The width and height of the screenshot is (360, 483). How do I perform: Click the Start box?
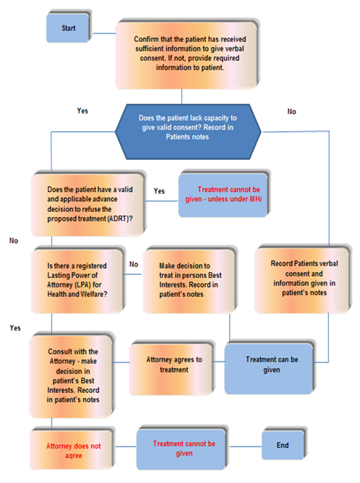(x=68, y=28)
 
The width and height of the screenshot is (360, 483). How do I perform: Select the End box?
(x=283, y=445)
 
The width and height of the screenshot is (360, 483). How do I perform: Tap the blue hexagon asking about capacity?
(x=188, y=132)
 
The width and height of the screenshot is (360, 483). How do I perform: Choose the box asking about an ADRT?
(x=87, y=205)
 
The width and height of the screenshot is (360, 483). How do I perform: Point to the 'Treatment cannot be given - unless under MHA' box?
(x=223, y=195)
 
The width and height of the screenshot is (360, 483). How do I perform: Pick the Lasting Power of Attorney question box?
(x=77, y=281)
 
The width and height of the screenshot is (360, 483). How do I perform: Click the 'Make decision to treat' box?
(x=189, y=281)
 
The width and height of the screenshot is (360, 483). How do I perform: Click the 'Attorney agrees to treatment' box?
(x=171, y=369)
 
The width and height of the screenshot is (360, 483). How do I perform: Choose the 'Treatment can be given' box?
(x=269, y=368)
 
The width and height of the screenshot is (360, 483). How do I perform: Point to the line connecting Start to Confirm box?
(x=104, y=33)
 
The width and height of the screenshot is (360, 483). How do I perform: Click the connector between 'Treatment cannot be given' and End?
(x=245, y=446)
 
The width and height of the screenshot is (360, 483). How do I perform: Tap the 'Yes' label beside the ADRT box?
(x=159, y=191)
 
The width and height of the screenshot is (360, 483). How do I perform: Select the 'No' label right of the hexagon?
(x=291, y=112)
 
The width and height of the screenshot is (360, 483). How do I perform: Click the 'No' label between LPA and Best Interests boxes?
(x=134, y=264)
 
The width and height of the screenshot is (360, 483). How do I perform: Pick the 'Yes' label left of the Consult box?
(x=15, y=328)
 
